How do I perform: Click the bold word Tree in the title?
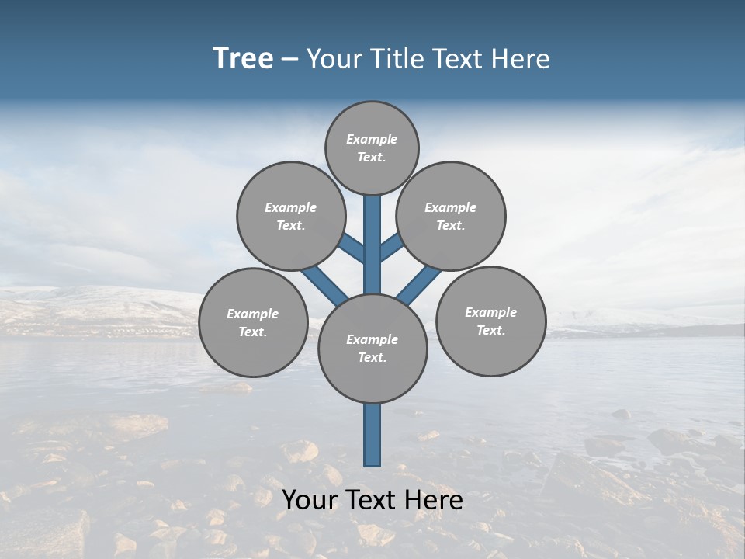click(243, 59)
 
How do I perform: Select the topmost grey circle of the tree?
click(372, 148)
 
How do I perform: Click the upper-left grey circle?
click(291, 216)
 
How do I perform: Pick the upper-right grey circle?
click(451, 216)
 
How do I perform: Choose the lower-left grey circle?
click(253, 322)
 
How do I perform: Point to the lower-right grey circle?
click(490, 321)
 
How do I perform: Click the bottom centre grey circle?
click(372, 348)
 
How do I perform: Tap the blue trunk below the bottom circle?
click(372, 435)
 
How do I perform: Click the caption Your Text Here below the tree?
click(372, 500)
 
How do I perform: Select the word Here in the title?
click(520, 59)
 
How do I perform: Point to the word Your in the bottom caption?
click(310, 500)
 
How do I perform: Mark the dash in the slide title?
click(289, 60)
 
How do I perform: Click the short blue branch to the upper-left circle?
click(352, 247)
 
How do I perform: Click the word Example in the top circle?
click(372, 139)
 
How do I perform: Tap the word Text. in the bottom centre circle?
click(372, 357)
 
